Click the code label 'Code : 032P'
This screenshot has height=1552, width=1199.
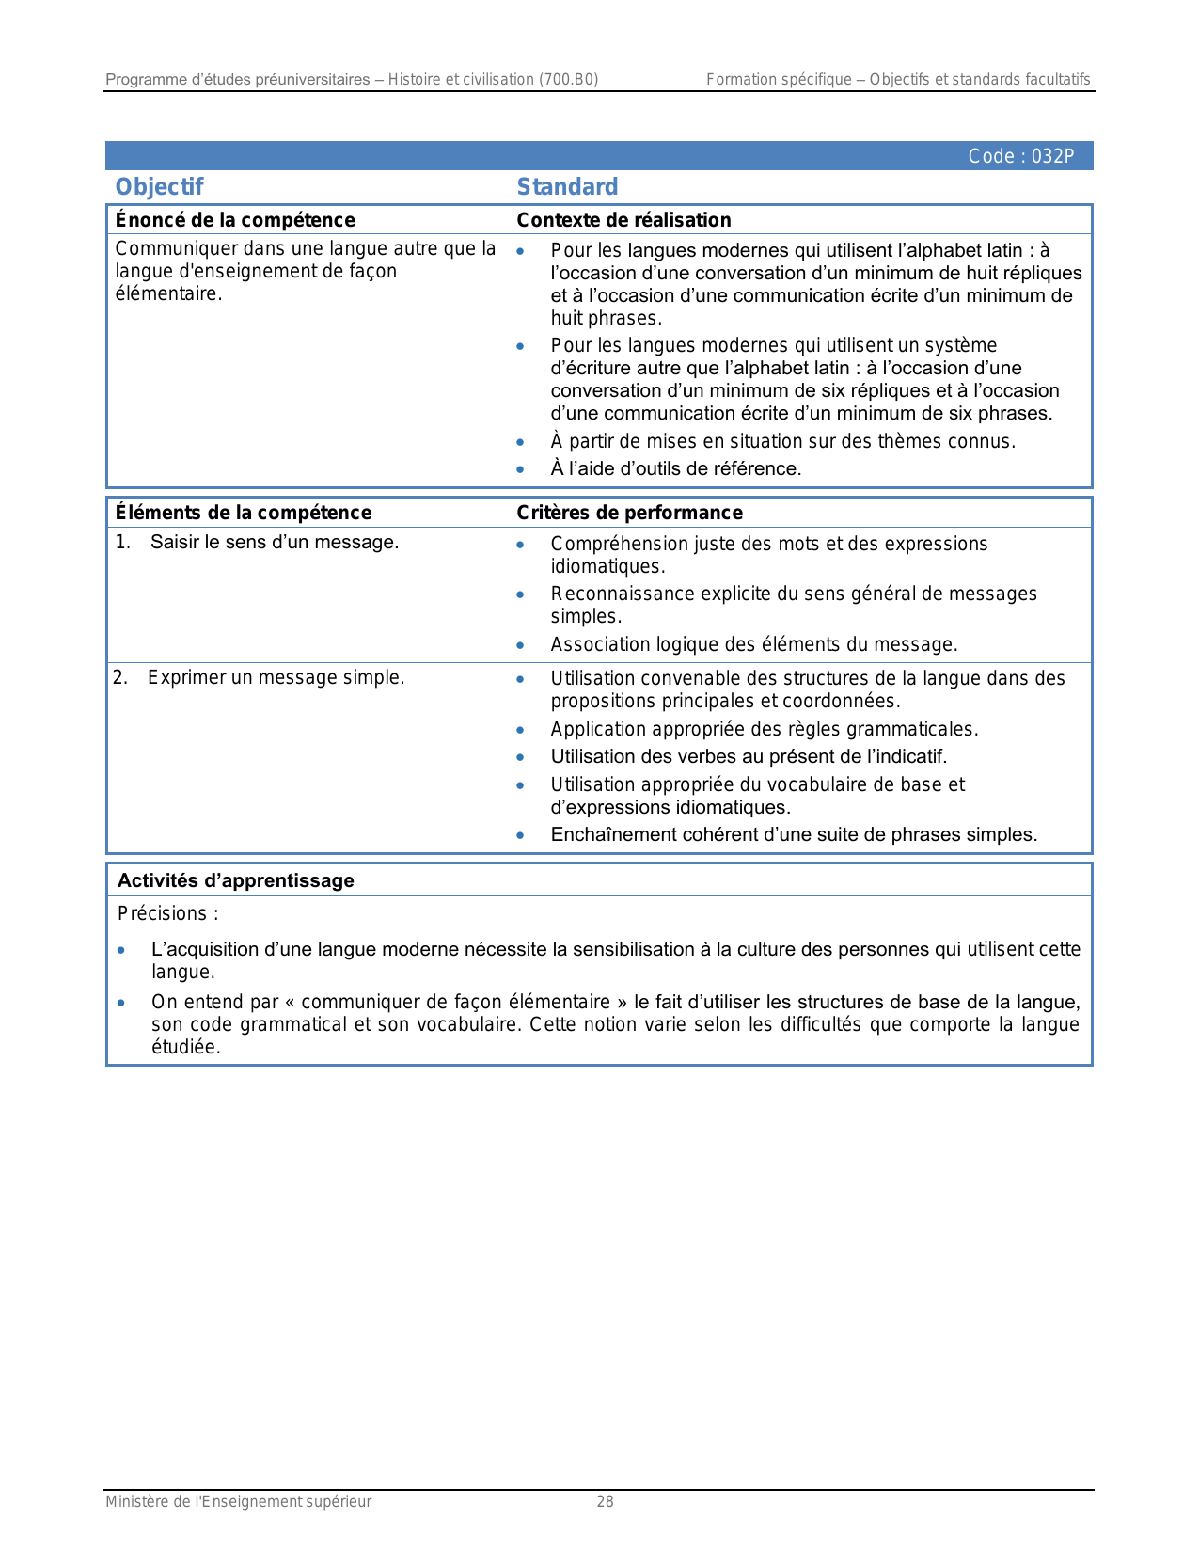pos(1020,156)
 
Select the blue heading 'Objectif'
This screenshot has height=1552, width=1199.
pos(159,186)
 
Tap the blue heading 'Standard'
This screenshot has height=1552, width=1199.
pos(567,186)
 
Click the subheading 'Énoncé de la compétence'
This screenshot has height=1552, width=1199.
pos(235,220)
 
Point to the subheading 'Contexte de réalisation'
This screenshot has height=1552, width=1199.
pos(623,220)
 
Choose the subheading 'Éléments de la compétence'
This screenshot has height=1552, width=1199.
pos(244,513)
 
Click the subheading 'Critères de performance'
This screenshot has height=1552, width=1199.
pos(629,513)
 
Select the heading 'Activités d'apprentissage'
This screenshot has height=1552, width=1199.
pos(236,880)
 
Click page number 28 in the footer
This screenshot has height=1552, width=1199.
pos(605,1502)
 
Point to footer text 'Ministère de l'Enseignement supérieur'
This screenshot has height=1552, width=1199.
pos(238,1502)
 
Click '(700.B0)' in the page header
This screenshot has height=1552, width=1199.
pos(568,79)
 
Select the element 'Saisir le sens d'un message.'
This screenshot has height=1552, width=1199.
pos(274,542)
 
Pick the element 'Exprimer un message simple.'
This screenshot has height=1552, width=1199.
pos(276,677)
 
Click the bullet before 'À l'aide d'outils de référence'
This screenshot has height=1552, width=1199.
pos(520,468)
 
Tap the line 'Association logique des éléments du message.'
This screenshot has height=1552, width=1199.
pos(754,644)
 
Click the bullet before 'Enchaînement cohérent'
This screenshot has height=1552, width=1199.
pos(520,835)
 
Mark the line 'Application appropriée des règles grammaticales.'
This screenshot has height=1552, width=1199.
pos(764,729)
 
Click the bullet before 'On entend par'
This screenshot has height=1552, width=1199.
pos(121,1003)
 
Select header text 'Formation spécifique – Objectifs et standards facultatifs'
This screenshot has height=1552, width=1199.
pos(898,79)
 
